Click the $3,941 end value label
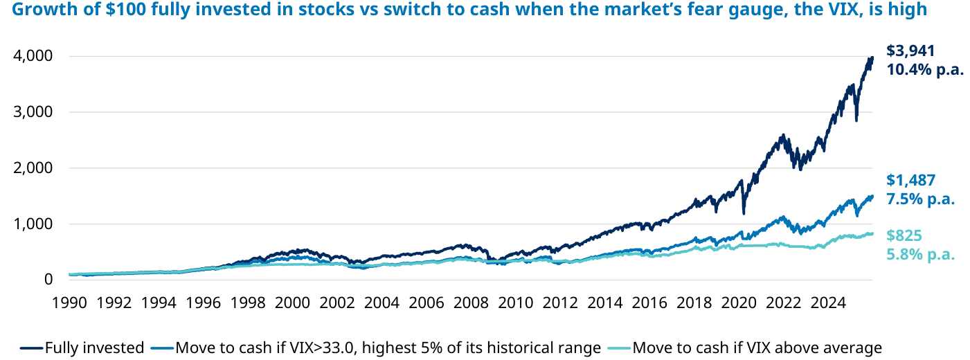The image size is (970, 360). coord(910,51)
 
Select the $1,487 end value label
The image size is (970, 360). coord(910,180)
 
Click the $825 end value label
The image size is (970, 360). coord(904,235)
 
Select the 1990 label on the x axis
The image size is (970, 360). coord(69,303)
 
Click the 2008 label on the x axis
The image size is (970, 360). coord(471,303)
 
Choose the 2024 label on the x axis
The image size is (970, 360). coord(828,303)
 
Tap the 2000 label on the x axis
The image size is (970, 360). coord(292,303)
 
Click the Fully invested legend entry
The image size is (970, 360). coord(82,348)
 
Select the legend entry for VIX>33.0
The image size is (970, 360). coord(376,348)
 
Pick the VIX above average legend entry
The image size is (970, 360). coord(745,348)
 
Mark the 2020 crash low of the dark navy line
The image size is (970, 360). coord(744,213)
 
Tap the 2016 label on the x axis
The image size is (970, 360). coord(649,303)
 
